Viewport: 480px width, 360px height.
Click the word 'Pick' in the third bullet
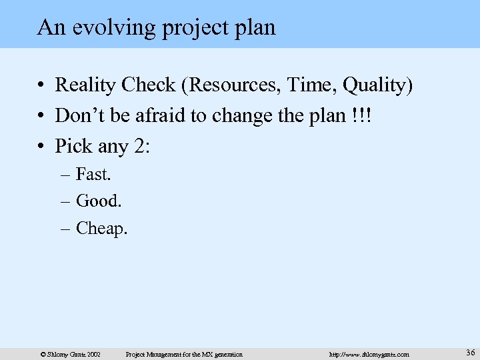point(73,145)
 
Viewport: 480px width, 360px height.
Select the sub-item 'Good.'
point(99,200)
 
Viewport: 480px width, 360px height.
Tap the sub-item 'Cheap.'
point(101,229)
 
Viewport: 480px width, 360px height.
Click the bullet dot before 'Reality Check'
point(41,86)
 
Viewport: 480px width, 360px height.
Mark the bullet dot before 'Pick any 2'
point(41,146)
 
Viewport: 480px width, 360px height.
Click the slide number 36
point(470,353)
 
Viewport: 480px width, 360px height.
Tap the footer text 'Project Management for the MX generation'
point(184,354)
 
